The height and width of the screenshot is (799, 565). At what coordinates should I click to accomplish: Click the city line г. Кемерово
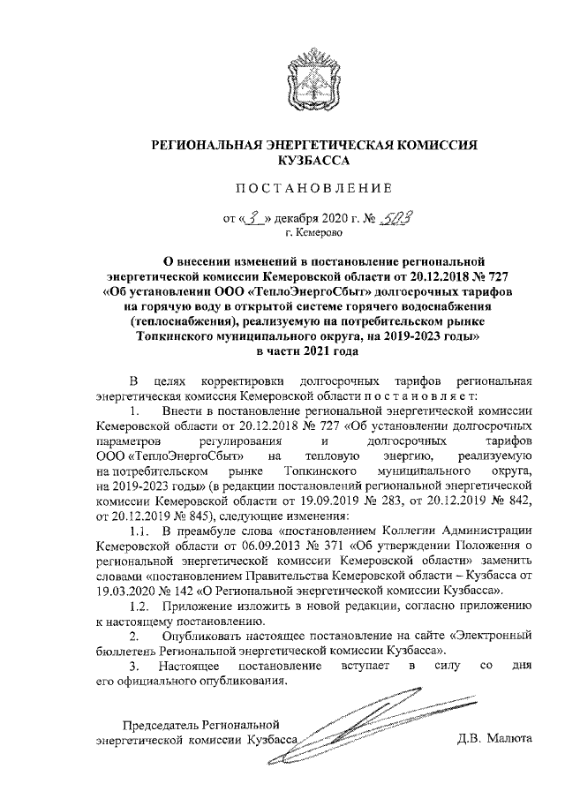point(312,234)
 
